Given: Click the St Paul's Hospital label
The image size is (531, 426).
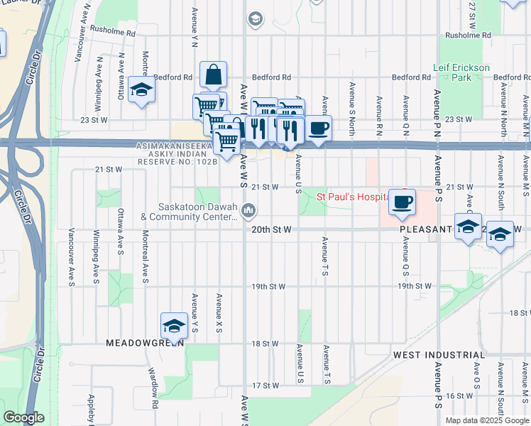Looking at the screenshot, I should coord(351,197).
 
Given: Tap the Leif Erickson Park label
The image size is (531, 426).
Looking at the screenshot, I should coord(461,72).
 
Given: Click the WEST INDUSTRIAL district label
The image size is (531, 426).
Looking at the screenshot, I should coord(439,354).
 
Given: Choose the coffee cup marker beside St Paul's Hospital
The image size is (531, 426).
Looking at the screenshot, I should coord(403,201).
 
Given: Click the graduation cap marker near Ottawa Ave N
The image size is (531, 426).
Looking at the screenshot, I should coord(142,91).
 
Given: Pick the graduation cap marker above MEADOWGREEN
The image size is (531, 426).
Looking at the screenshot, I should coord(174,326).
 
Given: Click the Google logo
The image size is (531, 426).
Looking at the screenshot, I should coord(24,417).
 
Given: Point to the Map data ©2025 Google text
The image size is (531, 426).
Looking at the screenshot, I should coord(486,420).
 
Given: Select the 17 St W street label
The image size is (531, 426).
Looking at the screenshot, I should coord(266,386).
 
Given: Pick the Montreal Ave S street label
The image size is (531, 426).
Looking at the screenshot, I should coord(145,257).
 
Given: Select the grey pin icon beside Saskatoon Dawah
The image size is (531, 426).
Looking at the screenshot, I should coord(248,210).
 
